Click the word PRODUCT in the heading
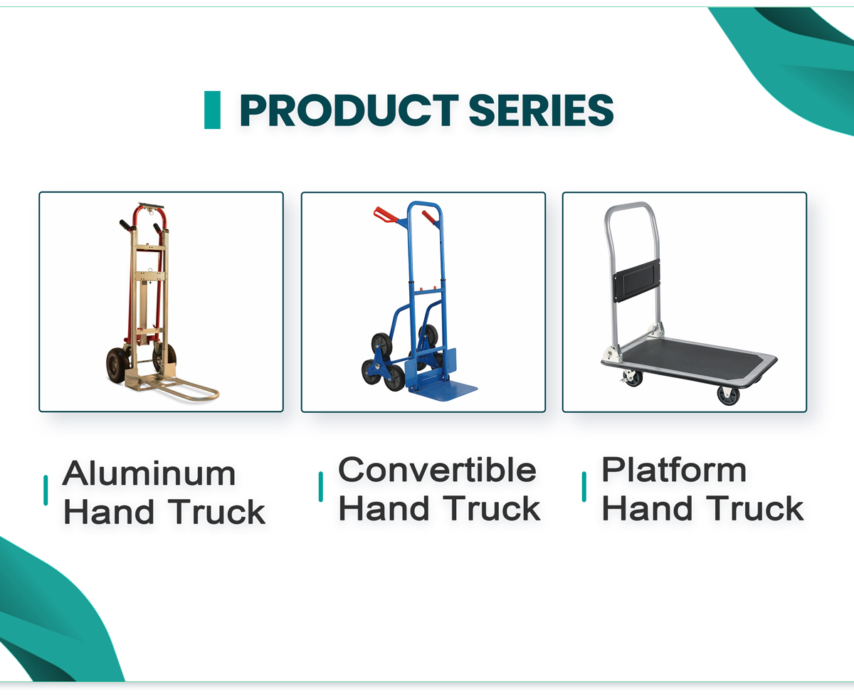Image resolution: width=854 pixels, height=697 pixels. point(349,110)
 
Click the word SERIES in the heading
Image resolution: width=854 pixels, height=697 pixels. point(541,110)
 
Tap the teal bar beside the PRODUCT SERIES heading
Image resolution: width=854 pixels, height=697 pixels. point(212,110)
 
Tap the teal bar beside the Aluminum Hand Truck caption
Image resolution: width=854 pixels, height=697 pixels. point(46,490)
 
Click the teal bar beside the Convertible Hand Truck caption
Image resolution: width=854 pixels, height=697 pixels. point(321,487)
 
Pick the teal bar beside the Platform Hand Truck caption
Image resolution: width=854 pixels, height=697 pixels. point(584,487)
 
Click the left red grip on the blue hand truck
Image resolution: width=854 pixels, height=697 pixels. point(385,214)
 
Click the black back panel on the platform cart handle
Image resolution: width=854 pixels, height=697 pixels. point(636,281)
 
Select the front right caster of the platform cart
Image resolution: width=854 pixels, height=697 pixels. point(729,395)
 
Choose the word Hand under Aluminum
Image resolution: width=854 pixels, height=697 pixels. point(108,512)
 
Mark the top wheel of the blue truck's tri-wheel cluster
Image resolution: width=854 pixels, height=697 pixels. point(381,345)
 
